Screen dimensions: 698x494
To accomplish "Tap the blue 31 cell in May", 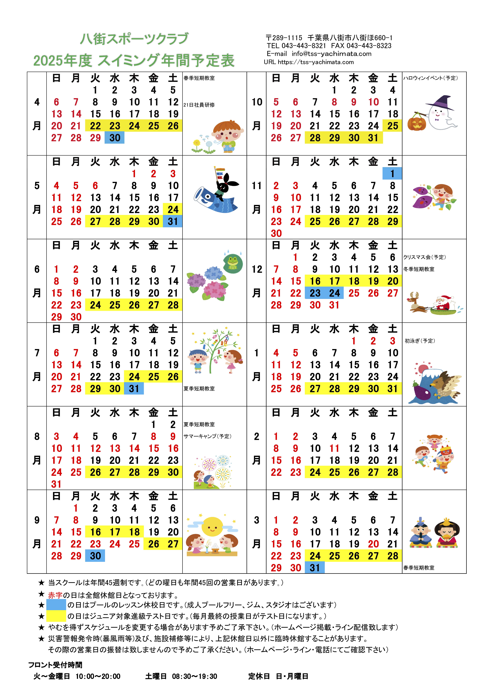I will tap(173, 221).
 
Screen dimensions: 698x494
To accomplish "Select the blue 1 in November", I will tap(392, 174).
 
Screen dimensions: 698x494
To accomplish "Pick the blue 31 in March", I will tap(315, 568).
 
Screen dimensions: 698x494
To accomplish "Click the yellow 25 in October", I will tap(392, 126).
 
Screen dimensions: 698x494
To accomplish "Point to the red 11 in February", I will tap(334, 448).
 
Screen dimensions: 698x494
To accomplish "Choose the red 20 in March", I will tap(373, 544).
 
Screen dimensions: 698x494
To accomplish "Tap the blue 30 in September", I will tap(95, 556).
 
